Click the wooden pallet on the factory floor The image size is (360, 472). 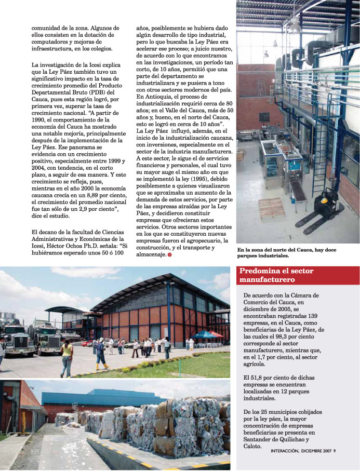coord(272,207)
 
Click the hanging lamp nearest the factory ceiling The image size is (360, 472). coord(295,25)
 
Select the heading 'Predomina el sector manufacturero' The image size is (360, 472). coord(276,275)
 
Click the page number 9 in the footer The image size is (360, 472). coord(335,450)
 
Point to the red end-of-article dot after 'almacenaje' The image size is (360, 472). coord(170,255)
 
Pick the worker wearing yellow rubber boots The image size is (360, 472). coord(100,356)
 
